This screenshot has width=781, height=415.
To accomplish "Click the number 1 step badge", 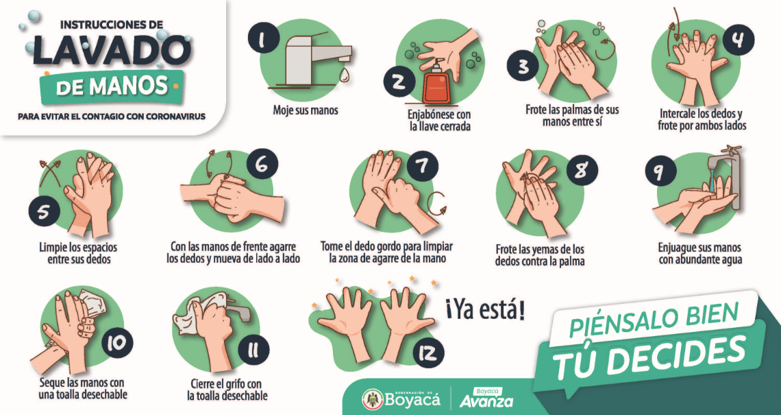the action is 263,38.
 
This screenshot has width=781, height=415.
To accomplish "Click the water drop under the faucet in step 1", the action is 345,75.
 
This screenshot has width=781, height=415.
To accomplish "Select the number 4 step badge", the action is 738,39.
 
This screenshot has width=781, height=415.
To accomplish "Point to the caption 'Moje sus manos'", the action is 306,110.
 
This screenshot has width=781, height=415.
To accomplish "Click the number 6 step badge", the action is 262,164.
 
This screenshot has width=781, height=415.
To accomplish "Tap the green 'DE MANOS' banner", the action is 112,87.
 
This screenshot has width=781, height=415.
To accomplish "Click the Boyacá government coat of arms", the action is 372,399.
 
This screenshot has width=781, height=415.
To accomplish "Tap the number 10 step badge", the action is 117,343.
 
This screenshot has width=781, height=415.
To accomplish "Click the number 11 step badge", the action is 253,351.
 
